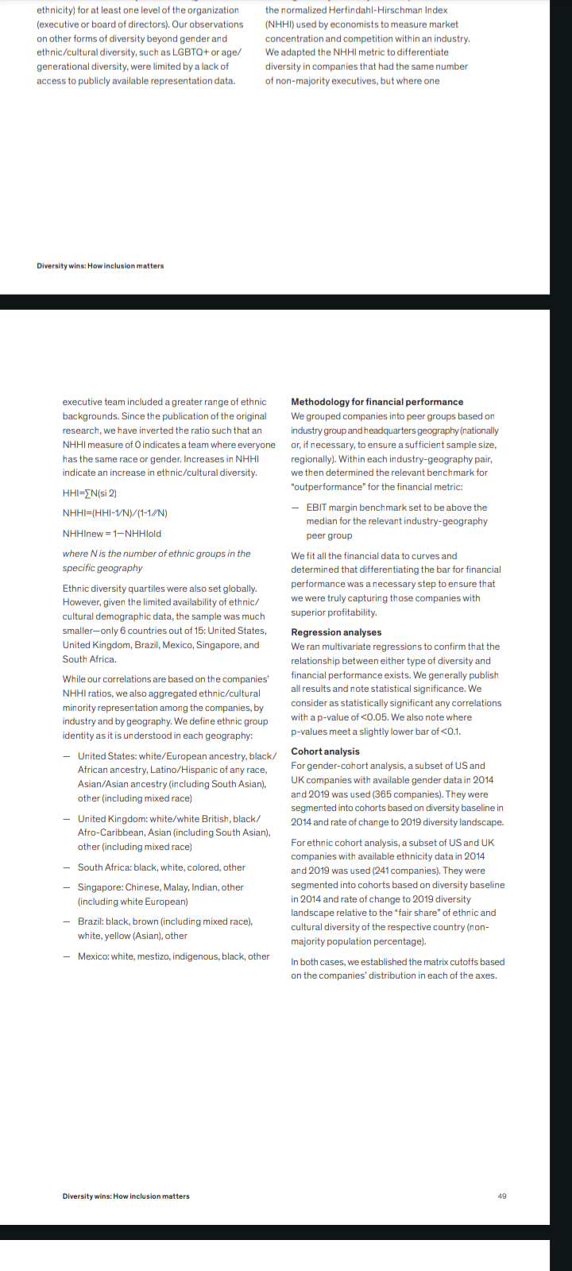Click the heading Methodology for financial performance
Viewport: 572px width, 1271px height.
tap(377, 402)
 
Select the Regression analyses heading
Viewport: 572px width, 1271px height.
tap(336, 632)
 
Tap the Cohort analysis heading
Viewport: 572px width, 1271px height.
tap(325, 751)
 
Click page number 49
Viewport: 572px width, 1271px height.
tap(502, 1196)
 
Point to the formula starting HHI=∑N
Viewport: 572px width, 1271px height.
tap(90, 493)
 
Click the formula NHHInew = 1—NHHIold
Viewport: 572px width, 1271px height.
tap(112, 534)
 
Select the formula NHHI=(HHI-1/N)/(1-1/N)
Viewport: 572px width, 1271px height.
tap(115, 513)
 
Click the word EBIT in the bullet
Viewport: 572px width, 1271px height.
tap(318, 508)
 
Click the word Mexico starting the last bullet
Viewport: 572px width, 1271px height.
tap(92, 956)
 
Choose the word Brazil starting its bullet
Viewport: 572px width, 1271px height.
tap(90, 921)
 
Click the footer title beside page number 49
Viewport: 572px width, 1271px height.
tap(126, 1196)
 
